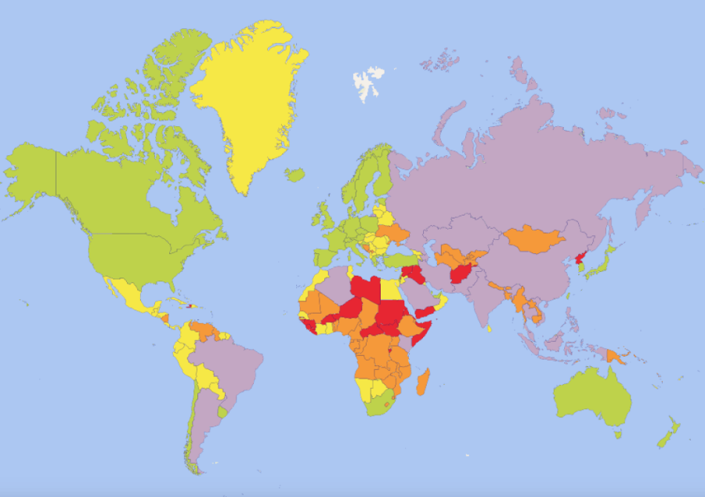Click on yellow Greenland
coord(247,102)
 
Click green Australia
coord(591,396)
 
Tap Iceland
coord(295,175)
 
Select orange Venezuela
coord(208,329)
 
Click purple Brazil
coord(231,368)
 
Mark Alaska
coord(31,169)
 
